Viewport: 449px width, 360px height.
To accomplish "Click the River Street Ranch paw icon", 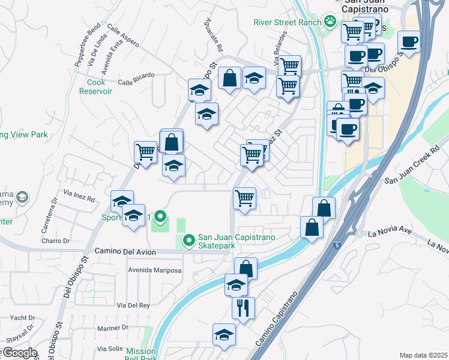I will click(x=330, y=22).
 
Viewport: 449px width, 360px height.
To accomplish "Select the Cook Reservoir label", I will click(x=95, y=86).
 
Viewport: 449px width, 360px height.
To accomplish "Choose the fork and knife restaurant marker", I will click(x=243, y=308).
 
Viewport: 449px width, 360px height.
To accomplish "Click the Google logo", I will click(x=19, y=353).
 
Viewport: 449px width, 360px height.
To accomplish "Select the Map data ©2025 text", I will click(x=423, y=355).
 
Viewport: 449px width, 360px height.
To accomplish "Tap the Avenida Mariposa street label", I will click(x=154, y=270).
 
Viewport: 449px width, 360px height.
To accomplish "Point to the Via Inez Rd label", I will click(x=78, y=198).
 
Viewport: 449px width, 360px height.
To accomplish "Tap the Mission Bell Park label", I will click(x=142, y=354).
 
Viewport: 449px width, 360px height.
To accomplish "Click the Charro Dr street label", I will click(x=56, y=241).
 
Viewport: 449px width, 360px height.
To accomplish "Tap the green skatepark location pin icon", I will click(x=188, y=241).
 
